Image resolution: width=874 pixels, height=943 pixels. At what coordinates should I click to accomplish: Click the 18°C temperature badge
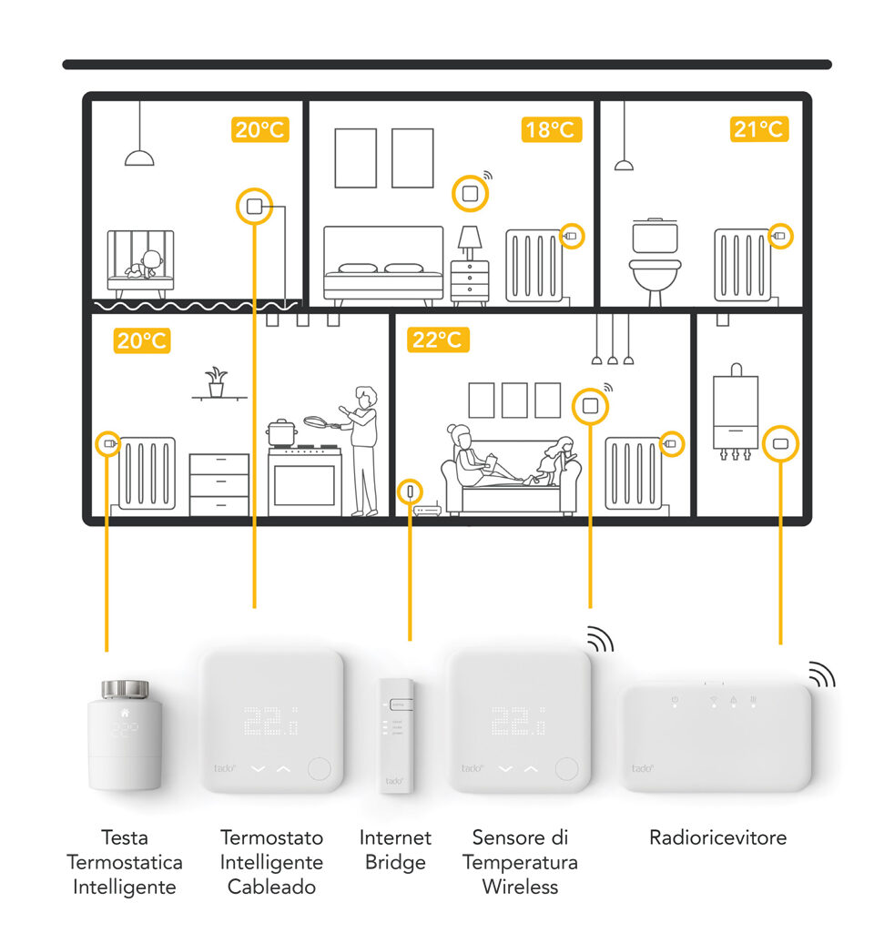(551, 129)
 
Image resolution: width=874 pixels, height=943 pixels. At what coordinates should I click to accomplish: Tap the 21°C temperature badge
(758, 129)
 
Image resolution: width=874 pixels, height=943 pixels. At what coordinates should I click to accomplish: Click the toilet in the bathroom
(655, 259)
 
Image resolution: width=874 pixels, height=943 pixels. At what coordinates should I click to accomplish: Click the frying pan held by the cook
(318, 422)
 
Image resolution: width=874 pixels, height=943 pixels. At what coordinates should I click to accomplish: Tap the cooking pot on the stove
(281, 431)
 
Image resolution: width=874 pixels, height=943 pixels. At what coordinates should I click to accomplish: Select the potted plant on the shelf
(216, 380)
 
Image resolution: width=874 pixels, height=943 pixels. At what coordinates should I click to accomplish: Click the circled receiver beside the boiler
(780, 444)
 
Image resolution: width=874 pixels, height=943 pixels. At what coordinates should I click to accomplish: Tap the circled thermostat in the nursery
(255, 206)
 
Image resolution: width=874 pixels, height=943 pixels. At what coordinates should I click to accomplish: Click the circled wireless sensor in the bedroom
(470, 193)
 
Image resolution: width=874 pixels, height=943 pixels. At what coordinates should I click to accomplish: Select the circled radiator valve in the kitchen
(109, 444)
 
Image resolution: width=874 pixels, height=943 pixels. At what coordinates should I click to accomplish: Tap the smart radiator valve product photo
(126, 734)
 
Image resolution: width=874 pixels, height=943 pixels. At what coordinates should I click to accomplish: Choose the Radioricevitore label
(717, 837)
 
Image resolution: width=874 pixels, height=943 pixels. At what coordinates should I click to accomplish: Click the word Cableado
(271, 886)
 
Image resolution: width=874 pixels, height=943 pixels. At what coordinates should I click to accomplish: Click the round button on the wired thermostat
(319, 768)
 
